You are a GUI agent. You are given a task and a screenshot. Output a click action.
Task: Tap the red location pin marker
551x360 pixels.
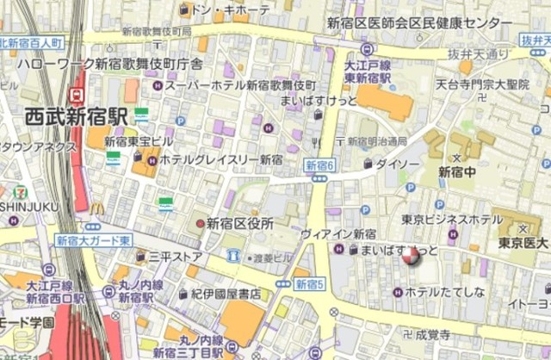click(x=411, y=255)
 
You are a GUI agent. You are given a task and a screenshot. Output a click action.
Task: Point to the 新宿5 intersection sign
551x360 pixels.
click(x=309, y=282)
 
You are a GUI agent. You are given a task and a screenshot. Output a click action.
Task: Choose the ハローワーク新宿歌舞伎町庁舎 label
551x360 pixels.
click(x=111, y=64)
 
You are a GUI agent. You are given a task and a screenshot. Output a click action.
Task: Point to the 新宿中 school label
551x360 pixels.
click(x=456, y=171)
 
